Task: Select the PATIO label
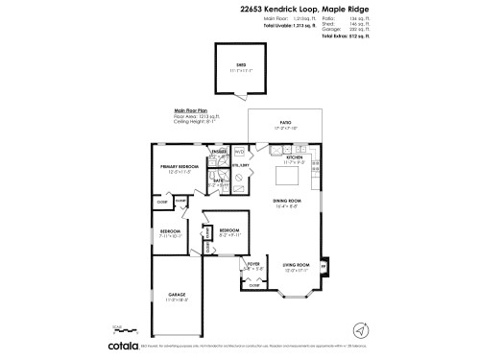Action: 284,123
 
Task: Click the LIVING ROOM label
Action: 295,265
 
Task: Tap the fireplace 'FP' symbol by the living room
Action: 322,266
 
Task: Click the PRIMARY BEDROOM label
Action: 180,168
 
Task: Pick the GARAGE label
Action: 177,296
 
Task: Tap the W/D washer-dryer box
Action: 239,151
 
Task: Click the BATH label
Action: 218,181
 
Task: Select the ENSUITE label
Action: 218,151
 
